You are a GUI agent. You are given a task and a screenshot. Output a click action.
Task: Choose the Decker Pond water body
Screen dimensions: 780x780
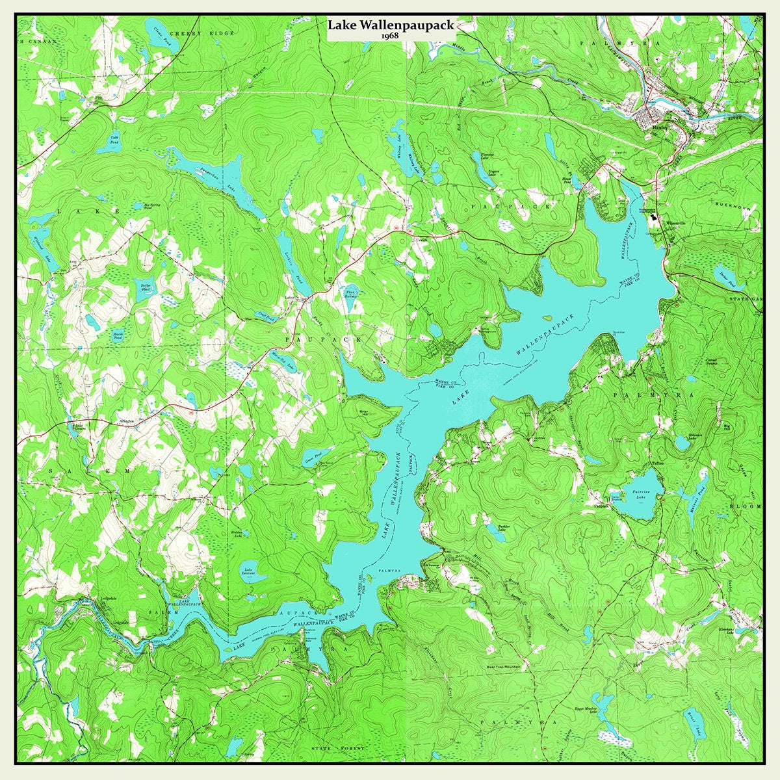click(730, 276)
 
